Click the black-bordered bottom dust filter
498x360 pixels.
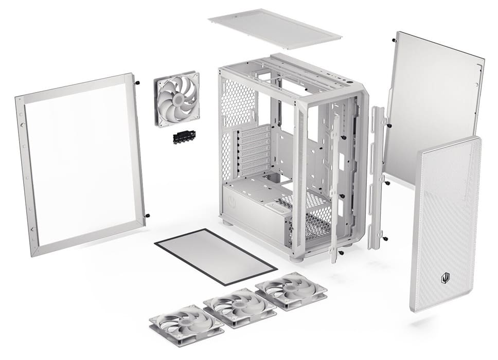(216, 256)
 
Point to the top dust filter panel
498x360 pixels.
(275, 28)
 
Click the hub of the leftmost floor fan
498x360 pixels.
(186, 322)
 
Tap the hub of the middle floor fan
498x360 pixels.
(239, 305)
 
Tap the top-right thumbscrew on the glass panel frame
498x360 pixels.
(138, 81)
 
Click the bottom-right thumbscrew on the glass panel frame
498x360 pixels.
(147, 216)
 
